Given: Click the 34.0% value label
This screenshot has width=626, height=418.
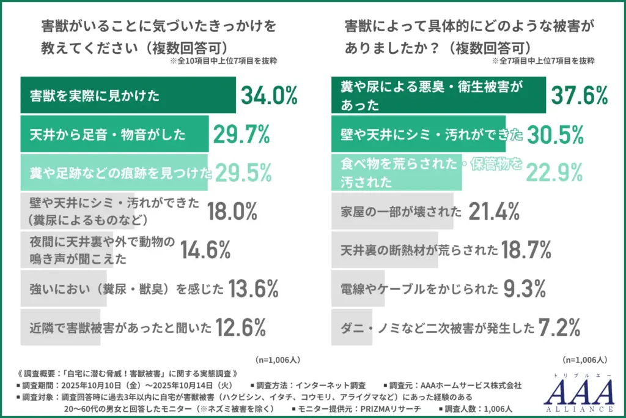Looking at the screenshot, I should [269, 95].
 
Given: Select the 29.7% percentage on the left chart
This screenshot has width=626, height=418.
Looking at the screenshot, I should [242, 135].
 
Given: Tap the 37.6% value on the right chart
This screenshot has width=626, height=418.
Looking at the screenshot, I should [580, 95].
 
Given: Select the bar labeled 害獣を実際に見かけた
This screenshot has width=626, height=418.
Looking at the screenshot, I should [128, 95].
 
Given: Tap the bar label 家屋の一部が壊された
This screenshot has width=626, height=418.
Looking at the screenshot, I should [400, 212].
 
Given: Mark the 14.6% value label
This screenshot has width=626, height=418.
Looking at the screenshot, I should [205, 250].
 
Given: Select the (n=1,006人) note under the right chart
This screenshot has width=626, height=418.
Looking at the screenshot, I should [584, 360].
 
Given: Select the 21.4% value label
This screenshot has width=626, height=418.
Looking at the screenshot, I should [495, 212].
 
